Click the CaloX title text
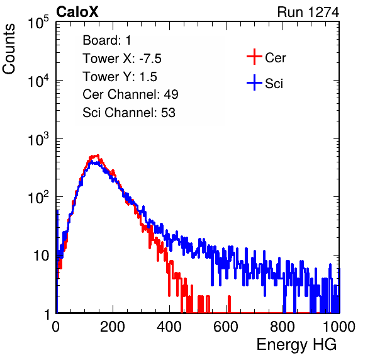[x=77, y=12]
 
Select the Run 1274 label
[x=308, y=12]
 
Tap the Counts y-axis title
[x=9, y=49]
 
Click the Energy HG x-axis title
[x=296, y=345]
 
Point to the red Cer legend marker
[x=254, y=57]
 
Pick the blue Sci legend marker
[x=254, y=82]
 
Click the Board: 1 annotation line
[x=107, y=40]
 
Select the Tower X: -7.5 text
[x=122, y=59]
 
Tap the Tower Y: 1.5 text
[x=120, y=77]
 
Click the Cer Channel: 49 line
[x=130, y=94]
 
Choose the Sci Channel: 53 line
[x=129, y=113]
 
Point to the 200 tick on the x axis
[x=113, y=327]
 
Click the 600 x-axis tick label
[x=226, y=327]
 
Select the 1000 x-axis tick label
[x=339, y=327]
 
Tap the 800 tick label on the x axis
[x=283, y=327]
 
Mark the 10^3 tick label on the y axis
[x=38, y=139]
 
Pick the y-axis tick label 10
[x=41, y=256]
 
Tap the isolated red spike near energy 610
[x=230, y=304]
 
